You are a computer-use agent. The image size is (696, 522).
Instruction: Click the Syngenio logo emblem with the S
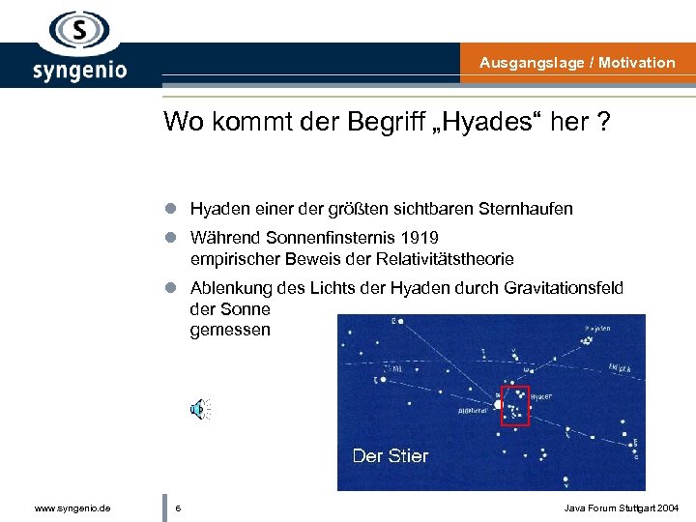79,33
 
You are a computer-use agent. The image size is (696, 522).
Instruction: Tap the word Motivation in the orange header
637,63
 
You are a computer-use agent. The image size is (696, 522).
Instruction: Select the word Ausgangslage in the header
534,63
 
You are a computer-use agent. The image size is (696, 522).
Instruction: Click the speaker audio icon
200,410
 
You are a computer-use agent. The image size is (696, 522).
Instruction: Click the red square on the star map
514,406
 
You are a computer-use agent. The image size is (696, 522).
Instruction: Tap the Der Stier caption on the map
390,456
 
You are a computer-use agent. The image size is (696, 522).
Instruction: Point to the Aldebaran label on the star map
472,411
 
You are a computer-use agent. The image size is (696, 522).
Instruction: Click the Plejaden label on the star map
596,329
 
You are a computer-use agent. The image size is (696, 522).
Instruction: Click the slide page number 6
178,507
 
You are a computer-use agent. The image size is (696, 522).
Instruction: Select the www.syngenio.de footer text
72,507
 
